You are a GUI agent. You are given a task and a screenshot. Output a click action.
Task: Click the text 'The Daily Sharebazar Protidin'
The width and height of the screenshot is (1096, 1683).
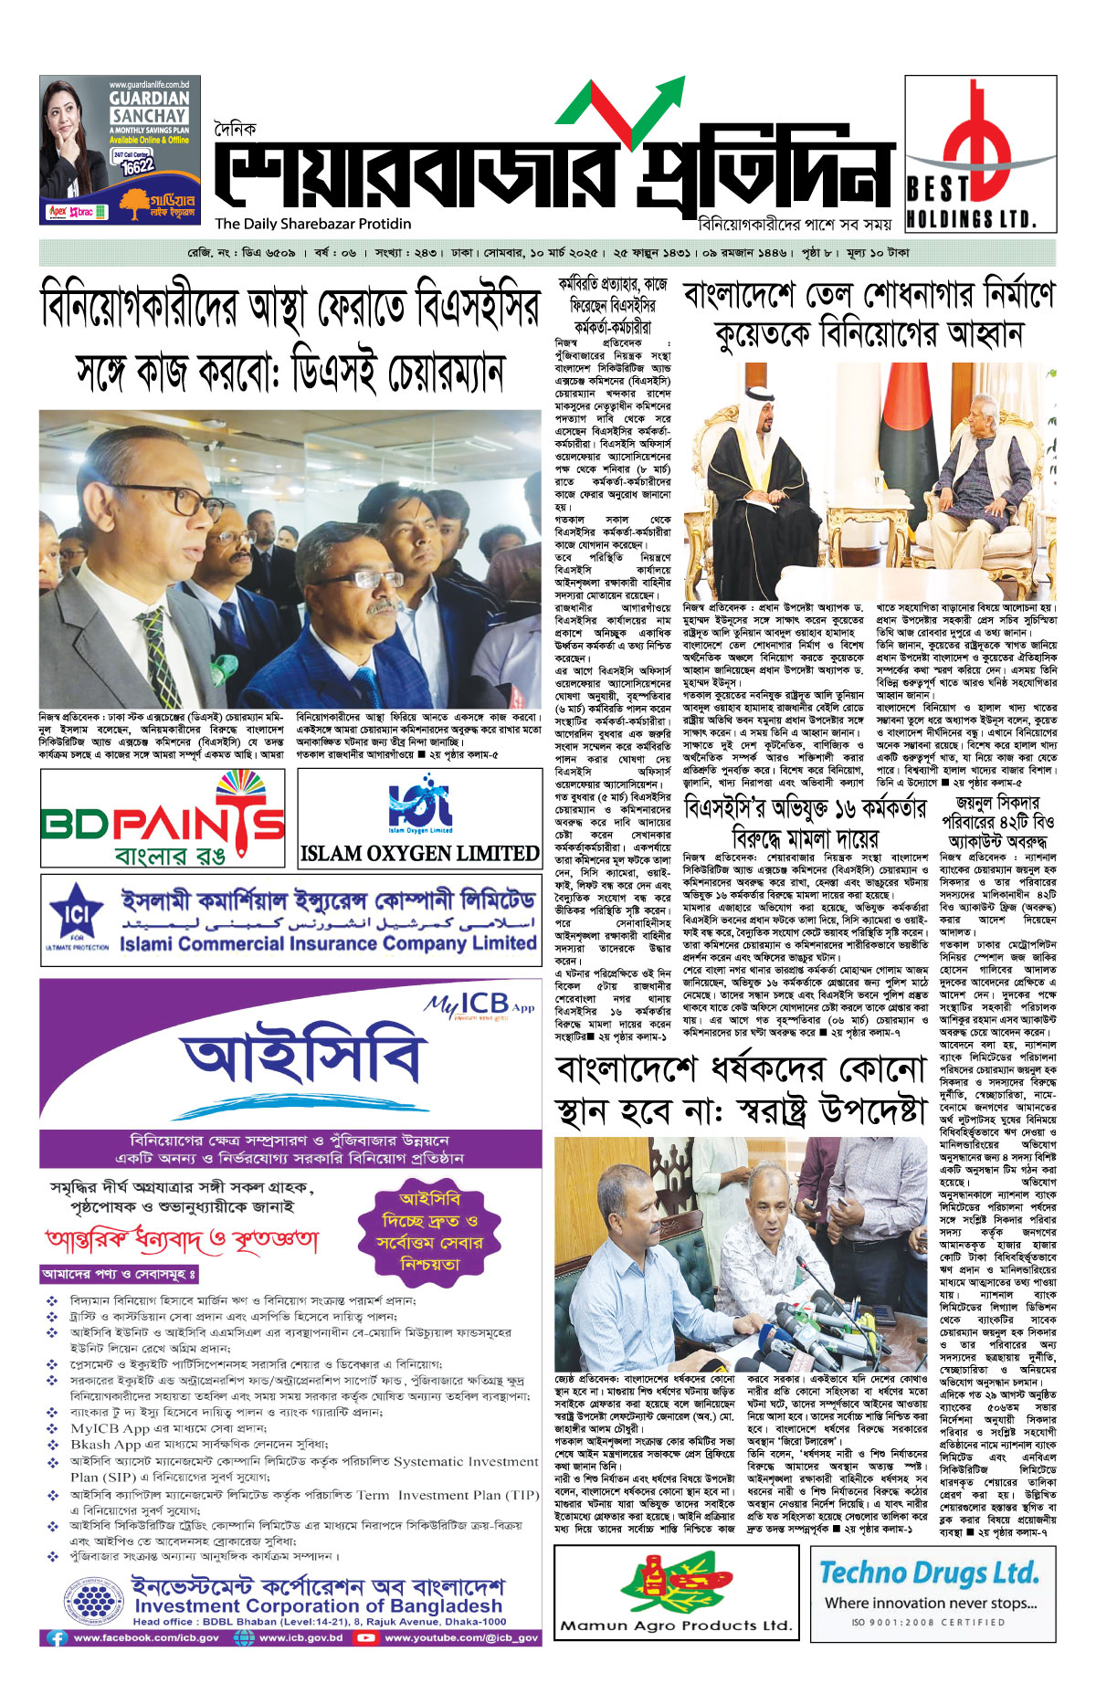(313, 224)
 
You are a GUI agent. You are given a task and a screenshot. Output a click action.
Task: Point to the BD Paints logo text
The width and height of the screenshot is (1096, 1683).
(163, 825)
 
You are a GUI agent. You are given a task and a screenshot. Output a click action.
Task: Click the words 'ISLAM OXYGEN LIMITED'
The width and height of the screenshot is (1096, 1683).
(419, 854)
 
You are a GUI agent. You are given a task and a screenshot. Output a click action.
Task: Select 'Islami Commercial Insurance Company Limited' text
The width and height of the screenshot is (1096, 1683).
(327, 943)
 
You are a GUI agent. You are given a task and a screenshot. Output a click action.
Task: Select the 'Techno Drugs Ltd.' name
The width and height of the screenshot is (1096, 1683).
(929, 1573)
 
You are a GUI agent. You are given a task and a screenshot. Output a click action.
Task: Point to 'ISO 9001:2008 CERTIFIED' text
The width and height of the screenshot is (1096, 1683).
(928, 1623)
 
